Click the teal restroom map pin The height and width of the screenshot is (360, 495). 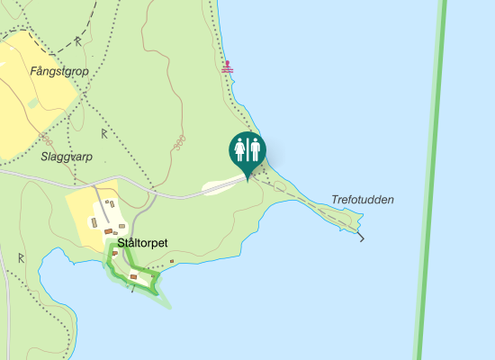[247, 151]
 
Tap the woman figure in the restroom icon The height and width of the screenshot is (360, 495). [239, 149]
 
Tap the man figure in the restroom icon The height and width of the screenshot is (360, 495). [255, 149]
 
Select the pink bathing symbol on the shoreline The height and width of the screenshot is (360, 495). [229, 67]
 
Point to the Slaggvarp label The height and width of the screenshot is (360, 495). [67, 156]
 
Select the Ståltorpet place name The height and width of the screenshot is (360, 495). [143, 243]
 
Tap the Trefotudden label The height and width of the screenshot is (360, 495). [363, 200]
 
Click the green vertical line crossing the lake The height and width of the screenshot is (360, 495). [430, 180]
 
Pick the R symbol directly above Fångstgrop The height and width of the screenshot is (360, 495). [78, 41]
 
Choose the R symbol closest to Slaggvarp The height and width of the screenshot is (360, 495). [104, 134]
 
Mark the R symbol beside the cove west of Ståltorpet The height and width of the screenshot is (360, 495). [20, 257]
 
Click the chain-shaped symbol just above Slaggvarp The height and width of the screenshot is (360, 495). [44, 138]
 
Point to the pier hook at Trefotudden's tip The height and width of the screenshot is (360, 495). [362, 238]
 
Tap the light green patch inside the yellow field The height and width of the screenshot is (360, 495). [33, 103]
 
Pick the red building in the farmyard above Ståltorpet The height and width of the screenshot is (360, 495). [108, 232]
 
